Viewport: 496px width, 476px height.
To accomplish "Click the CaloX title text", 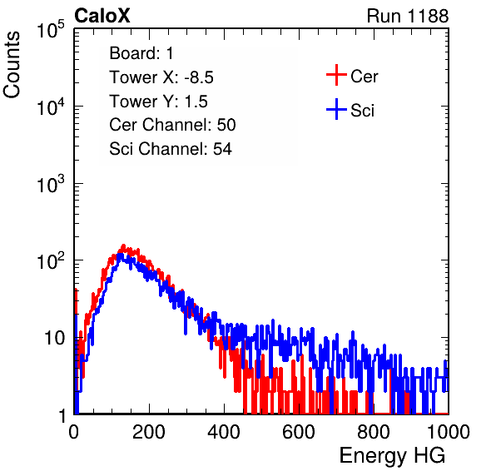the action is (102, 16).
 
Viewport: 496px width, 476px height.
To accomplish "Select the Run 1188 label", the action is (408, 16).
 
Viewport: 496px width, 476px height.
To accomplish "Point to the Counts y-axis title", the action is (12, 65).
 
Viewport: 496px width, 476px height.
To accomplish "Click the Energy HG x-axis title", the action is (392, 456).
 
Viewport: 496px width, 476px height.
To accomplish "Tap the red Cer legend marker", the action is (336, 75).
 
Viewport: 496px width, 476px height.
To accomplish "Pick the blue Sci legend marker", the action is (336, 109).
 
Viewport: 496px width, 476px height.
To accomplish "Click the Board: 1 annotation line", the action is (141, 53).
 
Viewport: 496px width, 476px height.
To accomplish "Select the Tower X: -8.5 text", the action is (161, 77).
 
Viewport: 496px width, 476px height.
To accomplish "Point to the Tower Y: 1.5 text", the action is (158, 102).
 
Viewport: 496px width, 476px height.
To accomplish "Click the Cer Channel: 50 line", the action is (172, 125).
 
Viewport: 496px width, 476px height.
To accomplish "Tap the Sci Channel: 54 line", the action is (171, 149).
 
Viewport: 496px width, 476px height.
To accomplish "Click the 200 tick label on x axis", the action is (149, 431).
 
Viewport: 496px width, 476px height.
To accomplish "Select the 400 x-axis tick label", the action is (224, 431).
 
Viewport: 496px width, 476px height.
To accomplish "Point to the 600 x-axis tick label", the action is (299, 431).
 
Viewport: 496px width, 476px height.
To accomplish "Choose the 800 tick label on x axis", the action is (374, 431).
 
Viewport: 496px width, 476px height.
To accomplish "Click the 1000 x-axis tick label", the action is (449, 431).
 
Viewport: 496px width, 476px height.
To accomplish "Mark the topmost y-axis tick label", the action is (51, 30).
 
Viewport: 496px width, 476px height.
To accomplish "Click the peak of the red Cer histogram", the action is (124, 245).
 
